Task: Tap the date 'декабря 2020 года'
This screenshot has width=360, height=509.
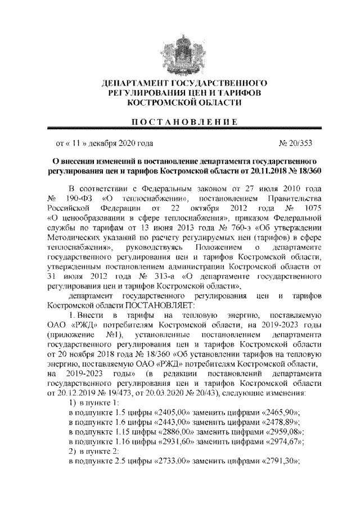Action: pos(120,143)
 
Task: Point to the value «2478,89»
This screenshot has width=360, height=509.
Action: pos(280,422)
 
